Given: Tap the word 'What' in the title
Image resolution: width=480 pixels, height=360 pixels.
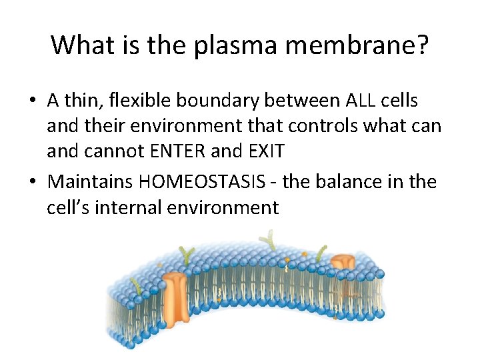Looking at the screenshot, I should pos(77,45).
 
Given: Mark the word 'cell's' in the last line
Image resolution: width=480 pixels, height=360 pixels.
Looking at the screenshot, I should pos(69,207).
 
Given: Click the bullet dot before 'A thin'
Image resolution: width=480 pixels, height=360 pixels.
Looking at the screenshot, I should pos(31,101).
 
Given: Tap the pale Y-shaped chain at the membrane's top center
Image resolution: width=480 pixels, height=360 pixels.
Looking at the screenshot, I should pos(270,240).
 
